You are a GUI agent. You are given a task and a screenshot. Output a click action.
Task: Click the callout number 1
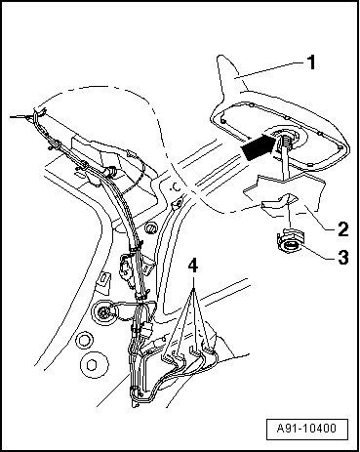(x=311, y=62)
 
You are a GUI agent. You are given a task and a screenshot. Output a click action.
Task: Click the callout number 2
(x=342, y=228)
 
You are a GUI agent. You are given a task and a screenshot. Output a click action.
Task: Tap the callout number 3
(x=342, y=257)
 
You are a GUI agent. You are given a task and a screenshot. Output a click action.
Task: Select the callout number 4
(x=193, y=267)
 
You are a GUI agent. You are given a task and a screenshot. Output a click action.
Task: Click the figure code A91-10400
(x=306, y=428)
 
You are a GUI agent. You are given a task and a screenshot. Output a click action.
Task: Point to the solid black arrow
(x=259, y=147)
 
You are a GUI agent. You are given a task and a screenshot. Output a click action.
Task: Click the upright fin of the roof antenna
(x=231, y=75)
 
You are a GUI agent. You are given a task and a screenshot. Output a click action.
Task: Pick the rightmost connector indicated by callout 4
(x=208, y=348)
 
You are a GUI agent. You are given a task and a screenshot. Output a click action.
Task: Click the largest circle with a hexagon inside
(x=94, y=364)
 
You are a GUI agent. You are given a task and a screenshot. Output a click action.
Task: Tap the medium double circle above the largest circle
(x=84, y=340)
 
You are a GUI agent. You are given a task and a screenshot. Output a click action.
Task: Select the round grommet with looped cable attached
(x=103, y=313)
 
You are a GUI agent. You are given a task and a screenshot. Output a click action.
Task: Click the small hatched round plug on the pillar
(x=150, y=228)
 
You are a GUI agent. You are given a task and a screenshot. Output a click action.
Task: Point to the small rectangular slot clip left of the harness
(x=102, y=279)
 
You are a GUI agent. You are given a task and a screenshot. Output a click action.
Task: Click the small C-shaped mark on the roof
(x=176, y=187)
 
